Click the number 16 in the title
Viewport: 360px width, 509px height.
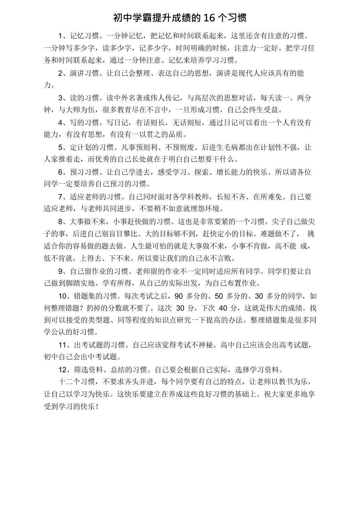click(209, 18)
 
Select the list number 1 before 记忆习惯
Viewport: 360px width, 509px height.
click(61, 36)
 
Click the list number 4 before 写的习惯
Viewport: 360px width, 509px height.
click(61, 123)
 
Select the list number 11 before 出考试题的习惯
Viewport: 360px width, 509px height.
click(62, 345)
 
